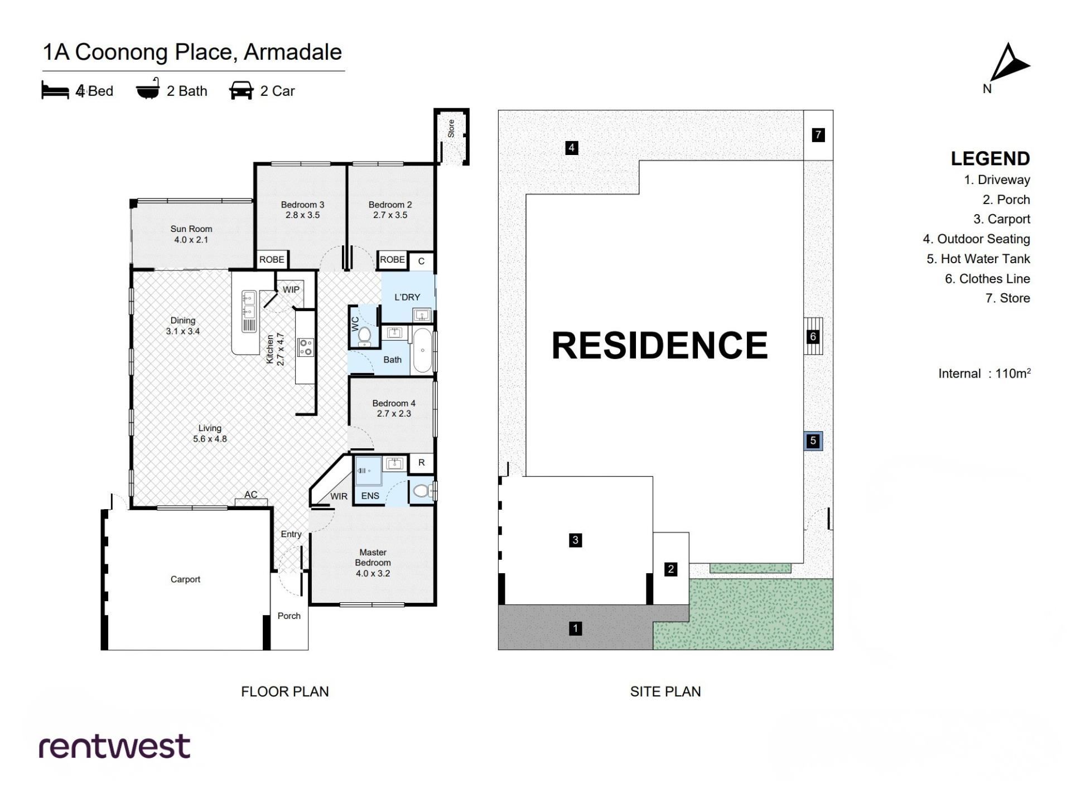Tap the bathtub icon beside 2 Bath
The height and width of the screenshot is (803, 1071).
coord(148,89)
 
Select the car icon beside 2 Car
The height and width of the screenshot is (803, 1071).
coord(241,90)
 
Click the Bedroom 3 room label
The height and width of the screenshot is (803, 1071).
coord(302,210)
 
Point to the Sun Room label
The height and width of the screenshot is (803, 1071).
coord(191,234)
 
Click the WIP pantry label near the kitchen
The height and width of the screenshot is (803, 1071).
coord(291,289)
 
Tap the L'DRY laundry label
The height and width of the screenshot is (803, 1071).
coord(407,297)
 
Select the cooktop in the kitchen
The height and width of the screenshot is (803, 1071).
coord(306,347)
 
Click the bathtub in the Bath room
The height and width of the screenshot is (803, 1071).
coord(422,351)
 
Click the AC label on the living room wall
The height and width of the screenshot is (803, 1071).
coord(250,495)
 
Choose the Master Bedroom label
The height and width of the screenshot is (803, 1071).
coord(373,563)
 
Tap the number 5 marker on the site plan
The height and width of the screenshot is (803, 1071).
coord(813,441)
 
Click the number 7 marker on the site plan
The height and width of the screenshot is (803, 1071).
coord(818,134)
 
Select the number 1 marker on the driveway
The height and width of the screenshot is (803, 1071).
coord(575,628)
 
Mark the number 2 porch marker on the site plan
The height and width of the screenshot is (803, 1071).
coord(670,569)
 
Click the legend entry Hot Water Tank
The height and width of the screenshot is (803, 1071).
coord(978,259)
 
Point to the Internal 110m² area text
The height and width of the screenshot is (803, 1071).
coord(984,373)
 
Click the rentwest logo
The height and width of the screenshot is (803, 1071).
coord(114,746)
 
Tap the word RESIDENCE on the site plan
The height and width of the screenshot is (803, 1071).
coord(659,345)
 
